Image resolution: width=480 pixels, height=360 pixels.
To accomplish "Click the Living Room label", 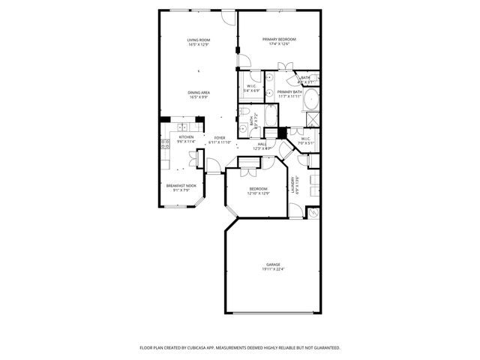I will click(x=199, y=40).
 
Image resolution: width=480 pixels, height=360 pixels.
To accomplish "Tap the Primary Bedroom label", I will click(x=279, y=39).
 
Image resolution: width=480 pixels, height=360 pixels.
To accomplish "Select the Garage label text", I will click(x=272, y=265).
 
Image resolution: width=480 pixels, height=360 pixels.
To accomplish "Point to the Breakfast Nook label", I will click(x=181, y=185).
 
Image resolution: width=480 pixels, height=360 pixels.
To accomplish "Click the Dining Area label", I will click(x=199, y=92).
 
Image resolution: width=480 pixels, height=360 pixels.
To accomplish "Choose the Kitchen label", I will click(x=186, y=136).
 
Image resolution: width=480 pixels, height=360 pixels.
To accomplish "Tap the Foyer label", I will click(x=220, y=137).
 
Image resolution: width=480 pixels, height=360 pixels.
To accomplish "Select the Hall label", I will click(x=262, y=143).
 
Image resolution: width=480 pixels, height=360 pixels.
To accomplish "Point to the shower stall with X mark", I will click(x=310, y=118).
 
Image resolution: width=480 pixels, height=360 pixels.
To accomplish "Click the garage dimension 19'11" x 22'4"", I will click(x=272, y=269).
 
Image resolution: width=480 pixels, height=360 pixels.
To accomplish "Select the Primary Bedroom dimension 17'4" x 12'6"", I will click(x=279, y=44).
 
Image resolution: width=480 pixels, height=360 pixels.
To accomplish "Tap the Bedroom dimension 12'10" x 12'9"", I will click(x=257, y=193).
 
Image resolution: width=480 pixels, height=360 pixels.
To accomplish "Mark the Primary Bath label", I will click(x=289, y=92).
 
